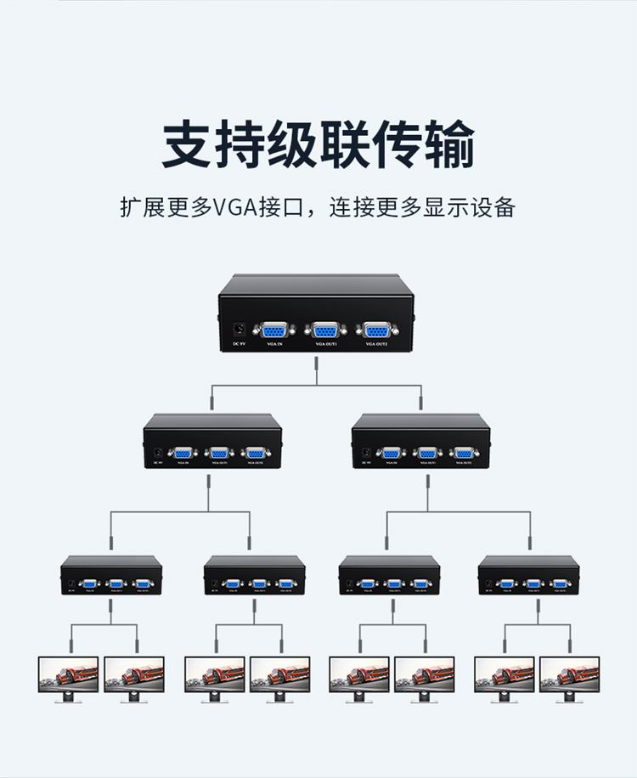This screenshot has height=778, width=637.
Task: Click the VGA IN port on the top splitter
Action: tap(274, 330)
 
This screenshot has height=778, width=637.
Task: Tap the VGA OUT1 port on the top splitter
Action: tap(326, 330)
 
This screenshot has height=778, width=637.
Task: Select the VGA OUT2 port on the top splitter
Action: tap(375, 330)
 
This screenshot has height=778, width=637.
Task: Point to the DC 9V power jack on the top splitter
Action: tap(240, 329)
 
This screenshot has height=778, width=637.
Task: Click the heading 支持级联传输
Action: tap(318, 145)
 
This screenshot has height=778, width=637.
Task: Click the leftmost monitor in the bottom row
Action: tap(69, 676)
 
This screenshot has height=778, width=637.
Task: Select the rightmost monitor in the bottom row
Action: tap(569, 676)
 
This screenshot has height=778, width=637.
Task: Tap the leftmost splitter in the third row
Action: tap(111, 576)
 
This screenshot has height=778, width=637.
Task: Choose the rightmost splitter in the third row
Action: tap(528, 576)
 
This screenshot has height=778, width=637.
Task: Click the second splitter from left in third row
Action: tap(255, 576)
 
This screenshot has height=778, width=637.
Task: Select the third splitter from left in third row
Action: tap(389, 576)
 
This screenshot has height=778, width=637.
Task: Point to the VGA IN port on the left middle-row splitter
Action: tap(182, 454)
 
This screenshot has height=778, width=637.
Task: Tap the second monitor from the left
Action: tap(134, 676)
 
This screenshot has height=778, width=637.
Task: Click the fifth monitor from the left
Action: tap(358, 676)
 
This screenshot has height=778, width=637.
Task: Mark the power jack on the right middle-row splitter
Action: tap(367, 454)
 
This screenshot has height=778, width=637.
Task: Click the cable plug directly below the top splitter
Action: tap(317, 367)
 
